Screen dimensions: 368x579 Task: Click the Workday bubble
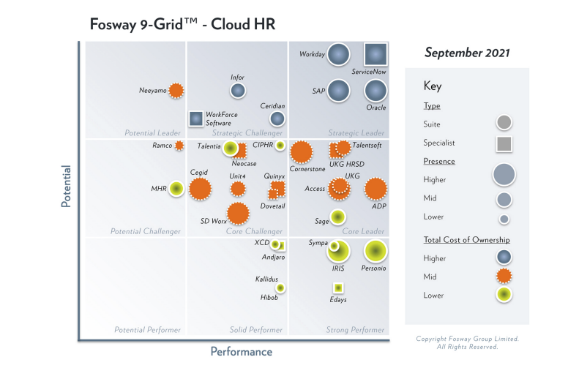tap(338, 54)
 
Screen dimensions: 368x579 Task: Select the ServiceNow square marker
tap(376, 54)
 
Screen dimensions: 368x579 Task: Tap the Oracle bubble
tap(376, 91)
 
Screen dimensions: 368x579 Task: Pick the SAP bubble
tap(338, 91)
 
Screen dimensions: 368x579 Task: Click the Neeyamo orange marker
tap(176, 91)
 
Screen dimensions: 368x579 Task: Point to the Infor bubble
tap(237, 91)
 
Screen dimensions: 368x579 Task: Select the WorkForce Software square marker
tap(195, 118)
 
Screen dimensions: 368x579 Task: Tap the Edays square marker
tap(338, 288)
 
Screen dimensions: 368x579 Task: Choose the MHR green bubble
tap(176, 189)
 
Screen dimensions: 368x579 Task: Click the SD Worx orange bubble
tap(237, 213)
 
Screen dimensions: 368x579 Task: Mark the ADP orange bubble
tap(376, 189)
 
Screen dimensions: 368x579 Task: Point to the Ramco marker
tap(179, 146)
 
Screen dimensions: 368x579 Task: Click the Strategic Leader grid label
tap(356, 133)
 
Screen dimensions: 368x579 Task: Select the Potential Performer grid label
tap(146, 330)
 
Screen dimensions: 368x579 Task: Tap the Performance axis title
tap(242, 352)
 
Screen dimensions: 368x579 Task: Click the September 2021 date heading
tap(467, 53)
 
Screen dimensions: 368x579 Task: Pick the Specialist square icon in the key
tap(504, 143)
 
